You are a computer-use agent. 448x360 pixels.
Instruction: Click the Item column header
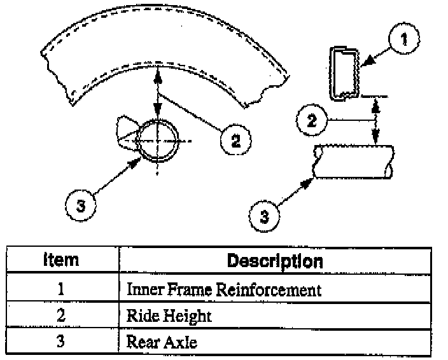click(61, 260)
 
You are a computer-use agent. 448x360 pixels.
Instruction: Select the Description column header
click(274, 261)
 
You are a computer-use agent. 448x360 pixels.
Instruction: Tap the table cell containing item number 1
click(61, 290)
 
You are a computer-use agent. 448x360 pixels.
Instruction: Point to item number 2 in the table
click(61, 316)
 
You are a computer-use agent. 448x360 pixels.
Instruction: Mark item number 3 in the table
click(61, 342)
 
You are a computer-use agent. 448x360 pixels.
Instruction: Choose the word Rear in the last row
click(142, 342)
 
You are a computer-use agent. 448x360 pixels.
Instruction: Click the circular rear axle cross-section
click(157, 140)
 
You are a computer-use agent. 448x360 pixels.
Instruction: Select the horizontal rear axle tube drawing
click(354, 162)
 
